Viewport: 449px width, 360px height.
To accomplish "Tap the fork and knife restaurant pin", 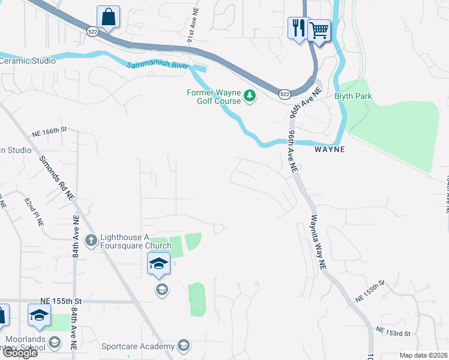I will click(297, 28).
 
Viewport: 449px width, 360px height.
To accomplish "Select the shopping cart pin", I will click(319, 28).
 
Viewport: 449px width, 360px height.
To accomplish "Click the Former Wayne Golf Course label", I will click(214, 97).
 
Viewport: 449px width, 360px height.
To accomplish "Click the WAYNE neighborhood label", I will click(330, 149).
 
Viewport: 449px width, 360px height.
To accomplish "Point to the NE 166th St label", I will click(49, 129).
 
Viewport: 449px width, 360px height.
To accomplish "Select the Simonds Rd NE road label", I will click(56, 178).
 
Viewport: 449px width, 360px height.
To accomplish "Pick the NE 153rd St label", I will click(393, 331).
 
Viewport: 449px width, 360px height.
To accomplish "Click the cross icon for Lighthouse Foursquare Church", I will click(91, 241).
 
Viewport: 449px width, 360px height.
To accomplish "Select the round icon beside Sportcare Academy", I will click(184, 346).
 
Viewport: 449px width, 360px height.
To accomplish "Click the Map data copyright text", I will click(424, 355).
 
